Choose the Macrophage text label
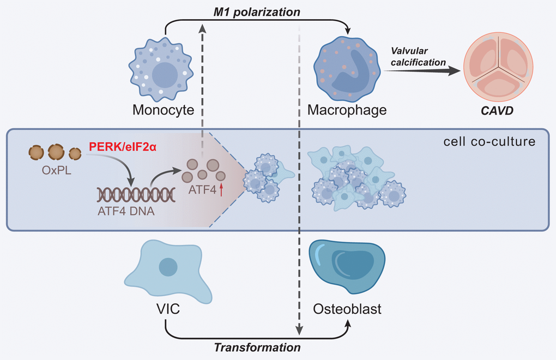pyautogui.click(x=347, y=110)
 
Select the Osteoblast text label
pyautogui.click(x=347, y=310)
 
